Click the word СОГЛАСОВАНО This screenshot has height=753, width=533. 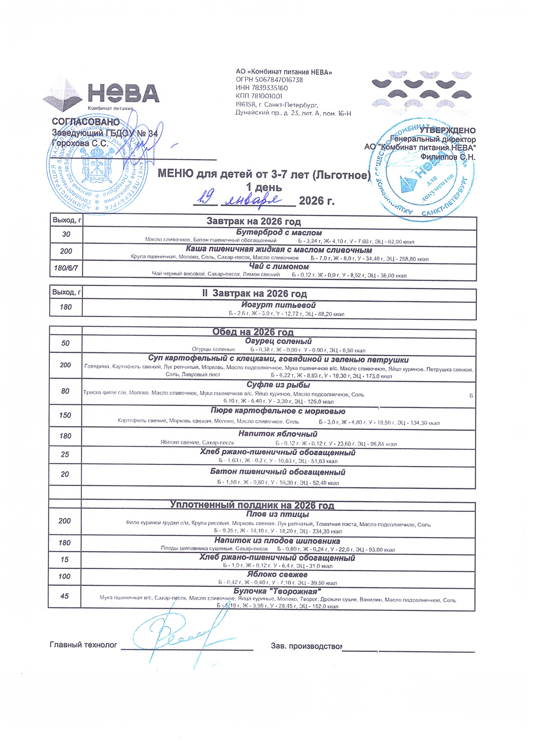coord(86,122)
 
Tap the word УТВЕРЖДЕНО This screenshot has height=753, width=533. coord(448,131)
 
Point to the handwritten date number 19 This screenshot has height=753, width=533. coord(204,199)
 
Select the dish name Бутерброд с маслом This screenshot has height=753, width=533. coord(279,232)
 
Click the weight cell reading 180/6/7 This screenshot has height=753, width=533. coord(66,268)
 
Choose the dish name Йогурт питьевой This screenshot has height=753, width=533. coord(278,305)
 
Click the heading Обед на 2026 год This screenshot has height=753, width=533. coord(253,332)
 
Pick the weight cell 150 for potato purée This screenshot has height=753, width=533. coord(65,415)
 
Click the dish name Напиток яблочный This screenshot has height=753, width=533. coord(278,434)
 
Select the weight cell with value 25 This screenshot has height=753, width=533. coord(65,454)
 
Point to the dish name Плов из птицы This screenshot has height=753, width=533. coord(278,514)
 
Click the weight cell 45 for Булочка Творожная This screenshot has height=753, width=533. coord(64,596)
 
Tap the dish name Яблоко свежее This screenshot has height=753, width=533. coord(277,574)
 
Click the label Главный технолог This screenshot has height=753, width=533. coord(83,645)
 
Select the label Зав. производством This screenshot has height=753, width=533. coord(306,646)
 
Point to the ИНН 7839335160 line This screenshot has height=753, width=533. coord(262,88)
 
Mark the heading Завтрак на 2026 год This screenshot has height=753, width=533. coord(254,221)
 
